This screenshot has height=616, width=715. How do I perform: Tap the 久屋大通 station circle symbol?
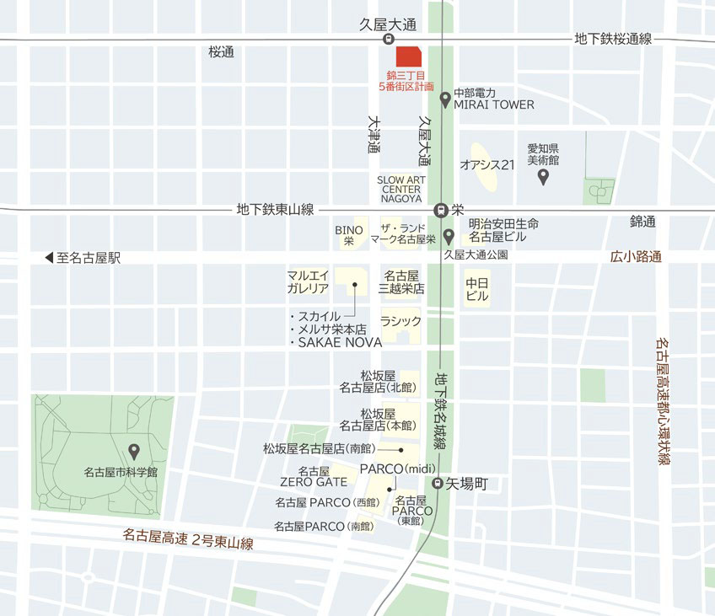389,39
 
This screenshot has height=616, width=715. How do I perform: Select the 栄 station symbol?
439,210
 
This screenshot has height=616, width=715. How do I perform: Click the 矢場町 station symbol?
438,484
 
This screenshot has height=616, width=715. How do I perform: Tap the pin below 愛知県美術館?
544,177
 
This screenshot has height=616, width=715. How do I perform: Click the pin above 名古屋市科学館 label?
133,452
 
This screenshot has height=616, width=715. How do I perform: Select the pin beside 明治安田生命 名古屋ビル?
449,236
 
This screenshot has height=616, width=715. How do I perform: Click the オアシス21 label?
487,165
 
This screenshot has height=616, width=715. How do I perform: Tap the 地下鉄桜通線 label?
613,39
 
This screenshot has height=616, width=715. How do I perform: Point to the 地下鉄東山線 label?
275,210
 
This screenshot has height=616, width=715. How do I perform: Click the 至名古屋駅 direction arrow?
49,259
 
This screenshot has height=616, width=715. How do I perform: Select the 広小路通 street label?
637,257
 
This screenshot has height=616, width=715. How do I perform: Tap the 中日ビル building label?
477,289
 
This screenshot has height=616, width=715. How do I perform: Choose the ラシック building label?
401,321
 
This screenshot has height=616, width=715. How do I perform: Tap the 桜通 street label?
221,52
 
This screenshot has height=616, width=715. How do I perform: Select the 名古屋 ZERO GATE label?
314,476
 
